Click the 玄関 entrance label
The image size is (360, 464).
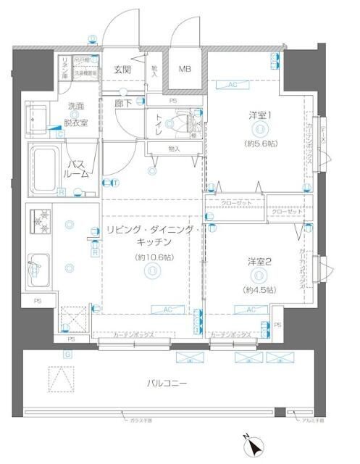pos(122,70)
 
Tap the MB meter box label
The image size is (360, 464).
pos(185,70)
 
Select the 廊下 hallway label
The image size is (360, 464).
pos(121,103)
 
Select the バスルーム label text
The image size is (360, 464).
pos(78,169)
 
